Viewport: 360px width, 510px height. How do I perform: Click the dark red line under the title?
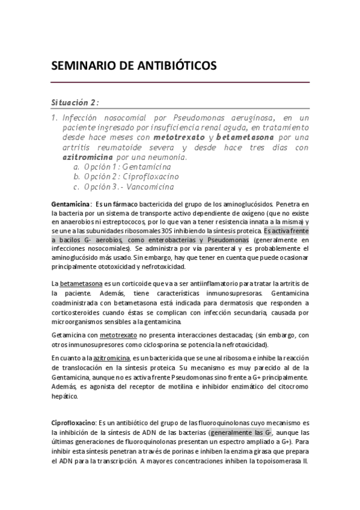(180, 82)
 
